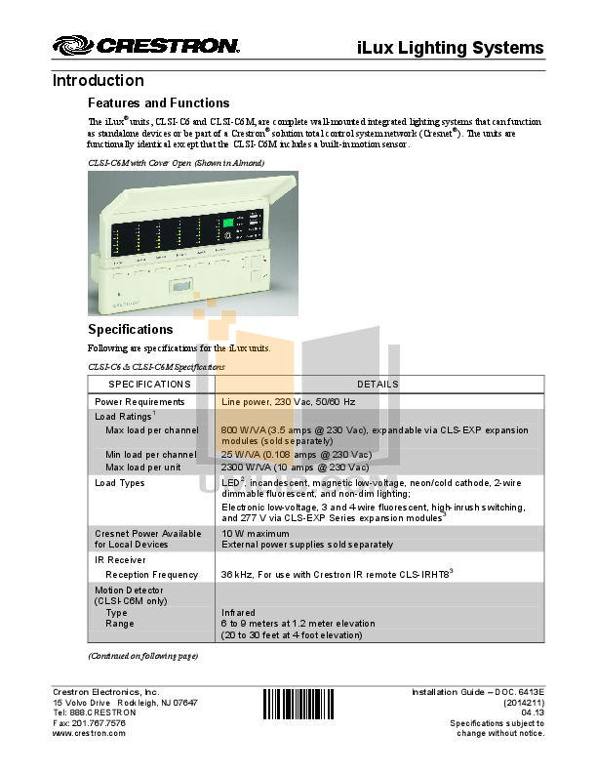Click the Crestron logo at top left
pyautogui.click(x=145, y=46)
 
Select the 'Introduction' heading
pyautogui.click(x=98, y=81)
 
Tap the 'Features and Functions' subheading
pyautogui.click(x=158, y=102)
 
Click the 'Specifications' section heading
pyautogui.click(x=130, y=330)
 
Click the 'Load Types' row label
pyautogui.click(x=119, y=483)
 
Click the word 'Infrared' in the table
pyautogui.click(x=240, y=613)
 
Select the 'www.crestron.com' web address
pyautogui.click(x=89, y=733)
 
